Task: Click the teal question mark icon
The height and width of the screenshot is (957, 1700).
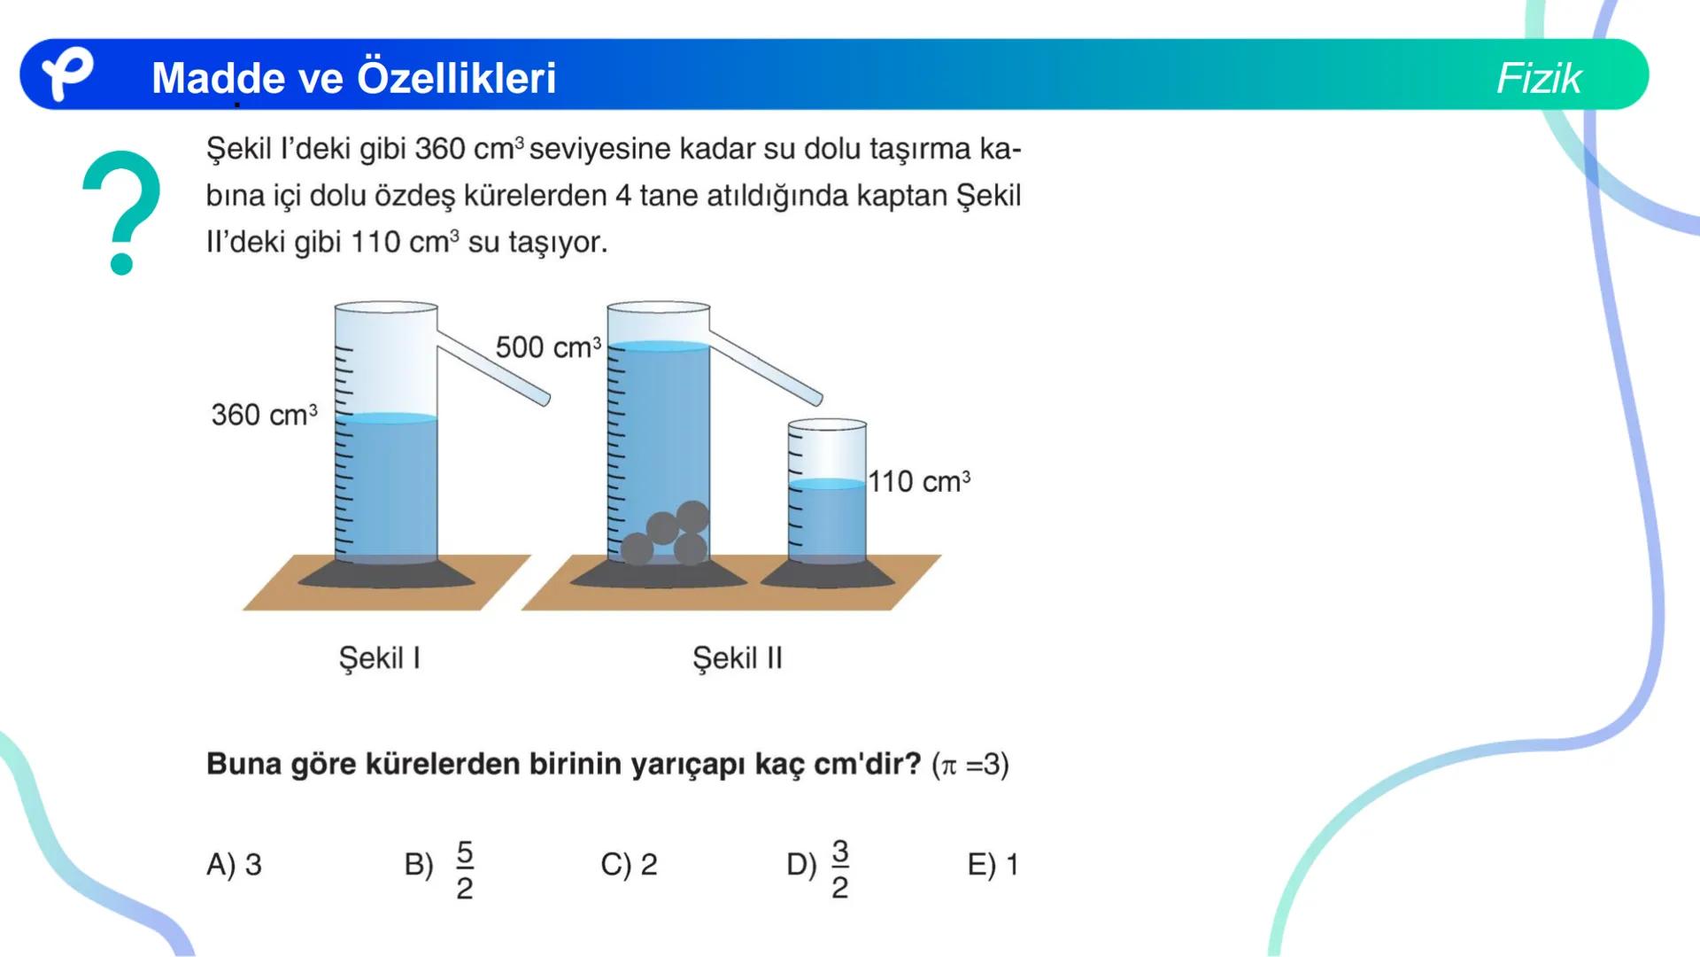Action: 121,213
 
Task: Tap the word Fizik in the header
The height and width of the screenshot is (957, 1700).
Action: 1538,78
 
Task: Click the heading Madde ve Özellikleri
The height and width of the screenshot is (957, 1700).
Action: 353,78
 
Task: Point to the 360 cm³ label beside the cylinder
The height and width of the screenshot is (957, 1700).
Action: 264,415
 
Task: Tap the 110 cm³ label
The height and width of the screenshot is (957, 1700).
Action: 919,482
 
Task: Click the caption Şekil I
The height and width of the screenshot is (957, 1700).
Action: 379,658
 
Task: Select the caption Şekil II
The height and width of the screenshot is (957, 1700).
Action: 737,658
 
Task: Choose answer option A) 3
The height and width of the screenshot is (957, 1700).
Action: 234,864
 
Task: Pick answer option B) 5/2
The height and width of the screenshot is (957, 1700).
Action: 440,868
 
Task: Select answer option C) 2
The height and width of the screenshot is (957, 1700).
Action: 629,864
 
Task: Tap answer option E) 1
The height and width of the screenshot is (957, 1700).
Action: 993,864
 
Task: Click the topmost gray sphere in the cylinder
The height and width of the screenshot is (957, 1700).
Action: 692,516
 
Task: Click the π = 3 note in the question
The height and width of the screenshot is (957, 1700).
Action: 970,764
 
